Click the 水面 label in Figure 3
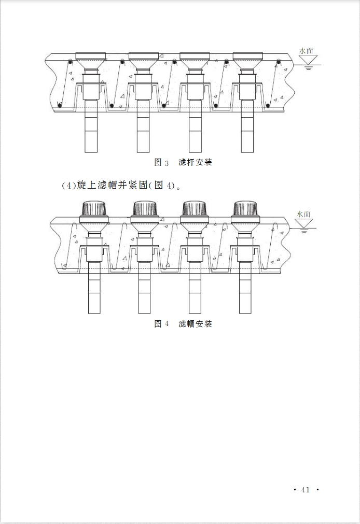(x=306, y=51)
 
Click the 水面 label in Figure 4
(x=303, y=214)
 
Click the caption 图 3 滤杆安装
(x=183, y=162)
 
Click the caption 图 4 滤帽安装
(x=183, y=323)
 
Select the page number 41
(x=306, y=490)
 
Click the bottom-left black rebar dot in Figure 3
(x=60, y=106)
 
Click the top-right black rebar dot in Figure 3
(x=279, y=62)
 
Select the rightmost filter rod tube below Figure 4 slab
(x=245, y=288)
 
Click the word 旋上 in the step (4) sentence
(x=87, y=185)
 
